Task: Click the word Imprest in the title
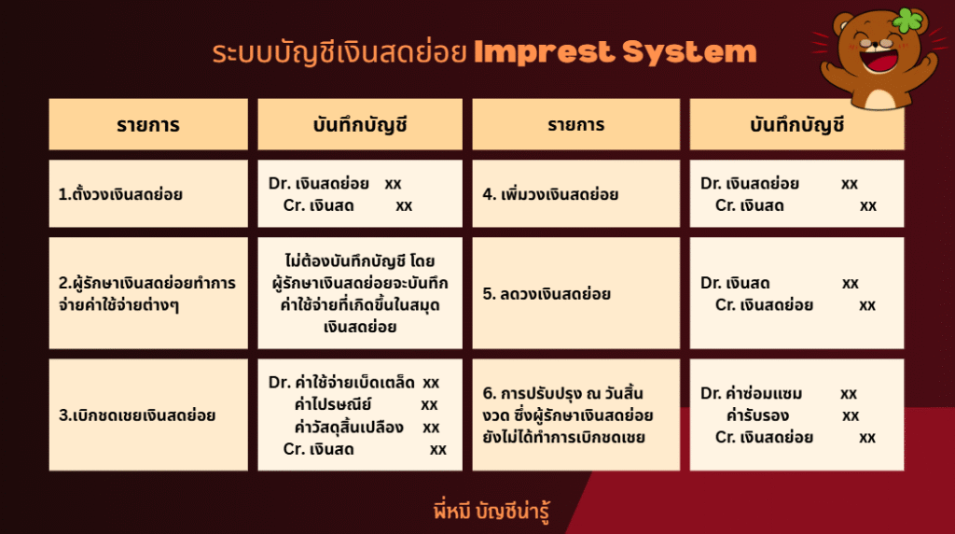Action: (544, 53)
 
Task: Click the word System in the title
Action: (689, 53)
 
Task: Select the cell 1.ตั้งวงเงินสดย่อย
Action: (148, 194)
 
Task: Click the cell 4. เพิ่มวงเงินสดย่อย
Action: (575, 194)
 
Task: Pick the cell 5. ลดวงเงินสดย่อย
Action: (575, 293)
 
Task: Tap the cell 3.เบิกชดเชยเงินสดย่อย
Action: (148, 415)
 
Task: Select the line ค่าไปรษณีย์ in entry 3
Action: (332, 405)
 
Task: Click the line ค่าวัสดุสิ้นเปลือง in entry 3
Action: (349, 427)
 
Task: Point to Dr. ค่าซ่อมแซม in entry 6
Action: (751, 393)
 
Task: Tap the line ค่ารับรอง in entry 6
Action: (757, 415)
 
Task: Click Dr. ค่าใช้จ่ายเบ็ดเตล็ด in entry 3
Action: (341, 382)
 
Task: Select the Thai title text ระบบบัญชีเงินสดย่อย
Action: (339, 53)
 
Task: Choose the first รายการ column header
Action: (148, 124)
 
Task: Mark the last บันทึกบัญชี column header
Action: (796, 124)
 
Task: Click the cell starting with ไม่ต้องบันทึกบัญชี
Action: (360, 293)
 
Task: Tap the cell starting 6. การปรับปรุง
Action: (575, 415)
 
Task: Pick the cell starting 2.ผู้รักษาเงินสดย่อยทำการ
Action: (148, 293)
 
